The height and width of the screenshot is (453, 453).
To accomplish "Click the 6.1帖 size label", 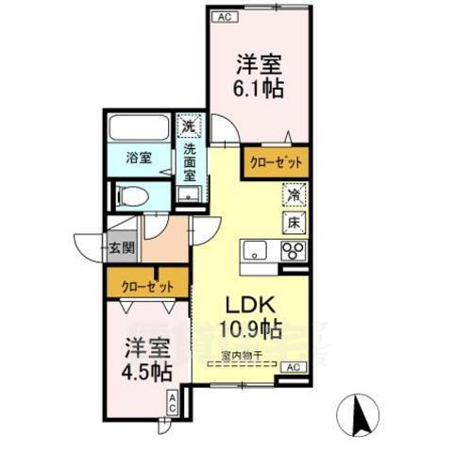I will tap(260, 88).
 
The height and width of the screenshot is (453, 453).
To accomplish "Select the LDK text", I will tap(250, 307).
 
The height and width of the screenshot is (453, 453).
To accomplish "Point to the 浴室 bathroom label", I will tap(139, 158).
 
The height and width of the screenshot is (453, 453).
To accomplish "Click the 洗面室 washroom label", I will tap(190, 160).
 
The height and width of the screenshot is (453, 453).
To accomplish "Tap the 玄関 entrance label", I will tap(122, 249).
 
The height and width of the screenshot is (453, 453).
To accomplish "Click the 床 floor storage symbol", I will tap(294, 224).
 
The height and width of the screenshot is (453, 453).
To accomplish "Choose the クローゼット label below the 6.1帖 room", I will tap(276, 162).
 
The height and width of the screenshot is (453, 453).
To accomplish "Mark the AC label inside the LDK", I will tap(293, 366).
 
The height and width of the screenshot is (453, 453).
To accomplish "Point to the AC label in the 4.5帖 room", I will tap(173, 402).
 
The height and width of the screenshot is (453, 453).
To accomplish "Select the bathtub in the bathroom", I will tap(139, 126).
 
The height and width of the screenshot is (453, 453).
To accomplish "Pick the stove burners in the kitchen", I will tap(294, 252).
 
